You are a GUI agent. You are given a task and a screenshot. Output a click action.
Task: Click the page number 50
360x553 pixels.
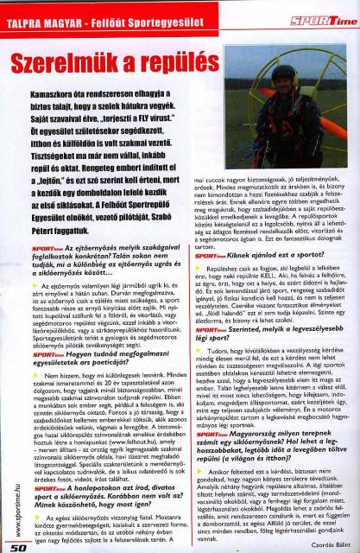click(19, 546)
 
